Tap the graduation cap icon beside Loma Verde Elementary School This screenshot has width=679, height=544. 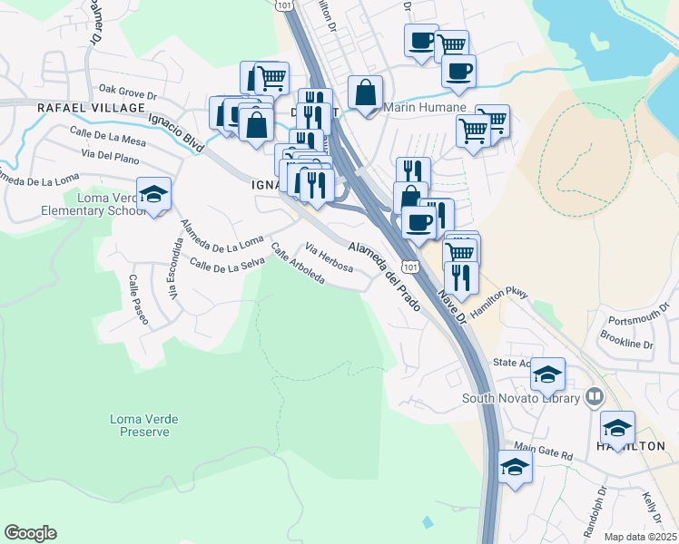click(154, 193)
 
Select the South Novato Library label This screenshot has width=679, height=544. click(520, 398)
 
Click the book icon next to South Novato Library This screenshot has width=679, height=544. click(594, 396)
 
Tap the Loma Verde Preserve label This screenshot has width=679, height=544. click(144, 424)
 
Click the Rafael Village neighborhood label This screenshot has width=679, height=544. click(90, 107)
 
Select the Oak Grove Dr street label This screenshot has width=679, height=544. click(128, 91)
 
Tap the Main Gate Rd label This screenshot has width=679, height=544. click(543, 452)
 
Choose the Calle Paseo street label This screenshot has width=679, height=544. click(137, 299)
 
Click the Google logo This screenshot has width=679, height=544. click(30, 533)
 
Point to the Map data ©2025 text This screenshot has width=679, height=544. click(639, 537)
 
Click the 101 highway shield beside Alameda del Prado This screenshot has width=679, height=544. click(411, 267)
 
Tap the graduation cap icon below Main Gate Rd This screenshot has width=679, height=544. click(515, 466)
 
